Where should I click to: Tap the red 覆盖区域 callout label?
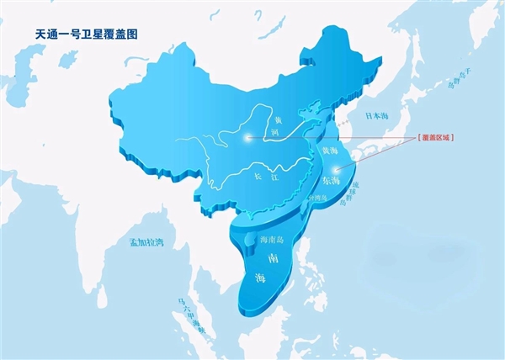tap(435, 137)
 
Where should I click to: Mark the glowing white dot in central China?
tap(246, 137)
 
